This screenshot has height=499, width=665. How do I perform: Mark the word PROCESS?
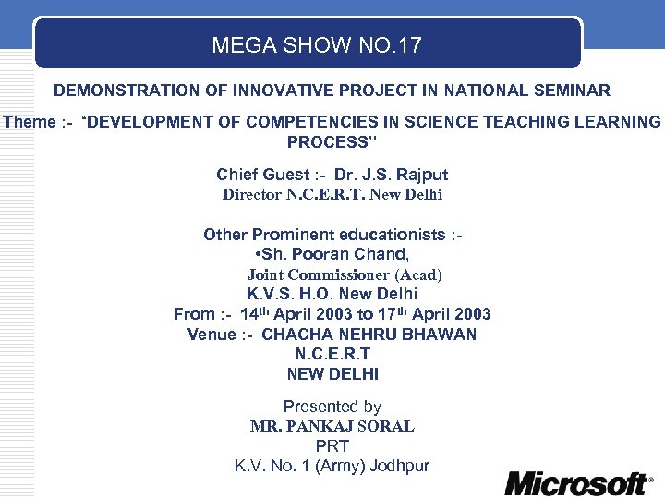click(x=327, y=142)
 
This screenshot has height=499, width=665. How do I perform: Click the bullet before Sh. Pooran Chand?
click(x=255, y=254)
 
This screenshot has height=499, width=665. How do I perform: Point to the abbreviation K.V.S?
click(x=269, y=294)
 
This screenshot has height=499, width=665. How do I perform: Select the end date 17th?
click(x=393, y=314)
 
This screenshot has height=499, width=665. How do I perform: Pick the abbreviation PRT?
click(x=332, y=446)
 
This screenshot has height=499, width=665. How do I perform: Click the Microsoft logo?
click(x=577, y=482)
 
